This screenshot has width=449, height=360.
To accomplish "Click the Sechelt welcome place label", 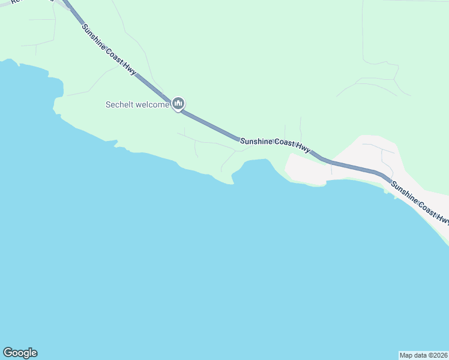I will [x=137, y=104].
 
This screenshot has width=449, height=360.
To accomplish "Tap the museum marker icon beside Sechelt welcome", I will [x=178, y=104].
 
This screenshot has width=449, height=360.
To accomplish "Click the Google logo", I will [x=20, y=353].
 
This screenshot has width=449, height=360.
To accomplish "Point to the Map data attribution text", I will [x=423, y=355].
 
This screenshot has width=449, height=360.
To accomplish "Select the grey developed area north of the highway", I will [x=378, y=153].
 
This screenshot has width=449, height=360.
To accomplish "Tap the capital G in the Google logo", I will [x=8, y=353].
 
